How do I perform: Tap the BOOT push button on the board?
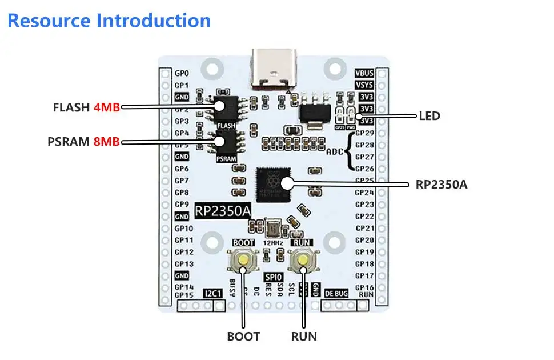[244, 261]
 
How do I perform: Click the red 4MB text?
[107, 107]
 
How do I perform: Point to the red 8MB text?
[107, 141]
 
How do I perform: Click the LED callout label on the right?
[429, 116]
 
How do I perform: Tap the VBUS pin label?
[364, 73]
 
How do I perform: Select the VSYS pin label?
[364, 85]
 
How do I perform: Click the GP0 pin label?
[182, 73]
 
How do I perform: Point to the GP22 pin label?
[364, 216]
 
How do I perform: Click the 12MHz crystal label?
[273, 243]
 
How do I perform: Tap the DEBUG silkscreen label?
[336, 293]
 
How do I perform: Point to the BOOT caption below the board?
[243, 337]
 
